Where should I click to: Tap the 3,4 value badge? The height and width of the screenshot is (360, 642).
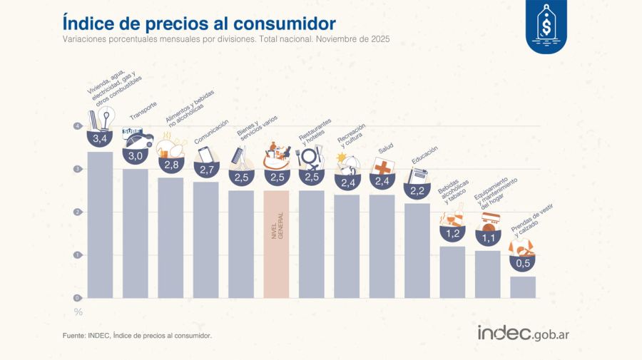(99, 138)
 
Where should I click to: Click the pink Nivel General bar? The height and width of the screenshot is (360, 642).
(276, 243)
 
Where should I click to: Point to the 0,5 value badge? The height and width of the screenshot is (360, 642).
(523, 263)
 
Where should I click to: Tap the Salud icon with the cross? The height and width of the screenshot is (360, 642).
(383, 167)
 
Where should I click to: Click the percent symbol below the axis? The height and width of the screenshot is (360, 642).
(78, 312)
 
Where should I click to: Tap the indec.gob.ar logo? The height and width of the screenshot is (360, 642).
(523, 333)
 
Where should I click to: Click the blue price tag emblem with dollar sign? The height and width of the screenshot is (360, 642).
(547, 26)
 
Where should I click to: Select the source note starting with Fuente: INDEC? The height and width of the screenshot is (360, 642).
(137, 334)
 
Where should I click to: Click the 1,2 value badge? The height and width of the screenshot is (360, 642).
(452, 233)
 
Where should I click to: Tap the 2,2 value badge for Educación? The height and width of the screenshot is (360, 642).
(417, 190)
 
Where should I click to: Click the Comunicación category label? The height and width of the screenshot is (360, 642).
(212, 132)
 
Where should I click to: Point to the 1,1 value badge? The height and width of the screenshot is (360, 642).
(487, 237)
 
